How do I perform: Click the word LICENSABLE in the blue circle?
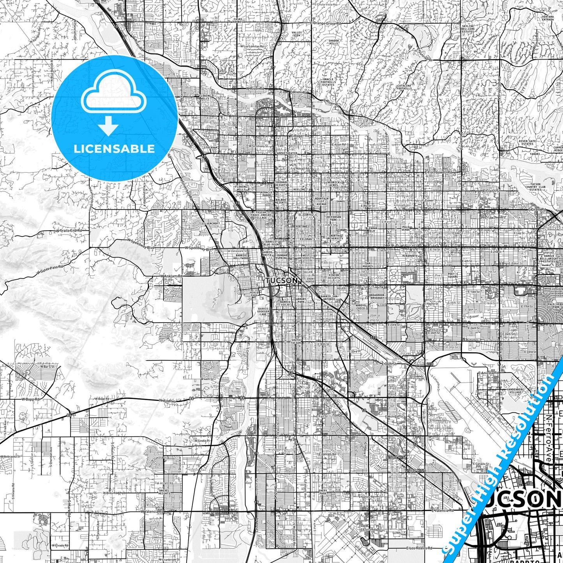(x=114, y=148)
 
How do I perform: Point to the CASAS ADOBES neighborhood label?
(x=237, y=20)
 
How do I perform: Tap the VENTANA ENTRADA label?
(x=547, y=18)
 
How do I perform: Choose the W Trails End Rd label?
(x=69, y=231)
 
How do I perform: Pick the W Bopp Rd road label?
(x=30, y=399)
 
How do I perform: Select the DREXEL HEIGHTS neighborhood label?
(x=164, y=492)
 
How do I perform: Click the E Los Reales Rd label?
(x=419, y=548)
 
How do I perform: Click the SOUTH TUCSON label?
(x=296, y=341)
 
